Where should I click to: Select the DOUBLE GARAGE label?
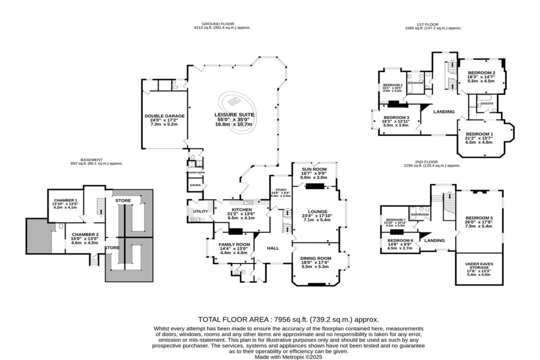pyautogui.click(x=165, y=116)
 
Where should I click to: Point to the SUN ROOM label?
pyautogui.click(x=313, y=169)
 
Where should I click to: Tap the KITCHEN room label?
pyautogui.click(x=242, y=210)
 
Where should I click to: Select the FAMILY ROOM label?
pyautogui.click(x=235, y=244)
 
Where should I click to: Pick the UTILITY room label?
pyautogui.click(x=199, y=211)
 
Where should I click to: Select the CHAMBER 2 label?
pyautogui.click(x=80, y=234)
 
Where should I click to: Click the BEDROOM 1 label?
pyautogui.click(x=479, y=134)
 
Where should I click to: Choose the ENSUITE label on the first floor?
pyautogui.click(x=486, y=103)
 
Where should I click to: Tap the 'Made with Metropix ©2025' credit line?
pyautogui.click(x=269, y=356)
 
